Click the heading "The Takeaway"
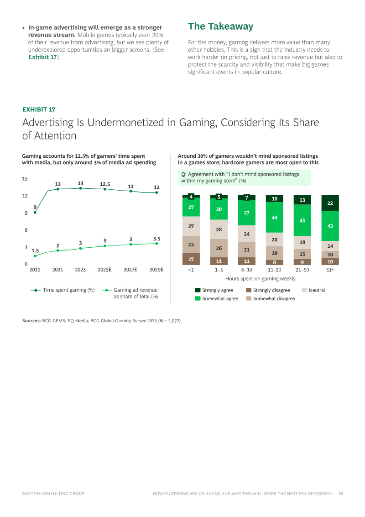click(x=220, y=27)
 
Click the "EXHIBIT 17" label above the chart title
click(x=39, y=109)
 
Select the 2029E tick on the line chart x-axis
click(x=156, y=270)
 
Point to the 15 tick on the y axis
click(x=25, y=179)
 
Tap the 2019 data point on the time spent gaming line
click(x=35, y=212)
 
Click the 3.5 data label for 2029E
click(x=156, y=239)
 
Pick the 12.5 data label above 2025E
click(x=105, y=184)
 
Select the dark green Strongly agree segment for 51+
click(x=330, y=203)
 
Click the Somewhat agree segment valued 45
click(x=302, y=220)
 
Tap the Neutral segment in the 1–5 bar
click(x=219, y=229)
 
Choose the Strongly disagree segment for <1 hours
click(x=191, y=259)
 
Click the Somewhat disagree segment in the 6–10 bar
click(x=247, y=250)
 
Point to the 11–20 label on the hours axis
click(x=275, y=270)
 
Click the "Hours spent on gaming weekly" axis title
click(x=260, y=278)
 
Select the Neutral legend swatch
click(x=305, y=290)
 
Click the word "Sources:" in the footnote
click(x=31, y=321)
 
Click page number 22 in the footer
click(x=341, y=494)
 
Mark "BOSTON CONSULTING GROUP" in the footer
click(x=53, y=494)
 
